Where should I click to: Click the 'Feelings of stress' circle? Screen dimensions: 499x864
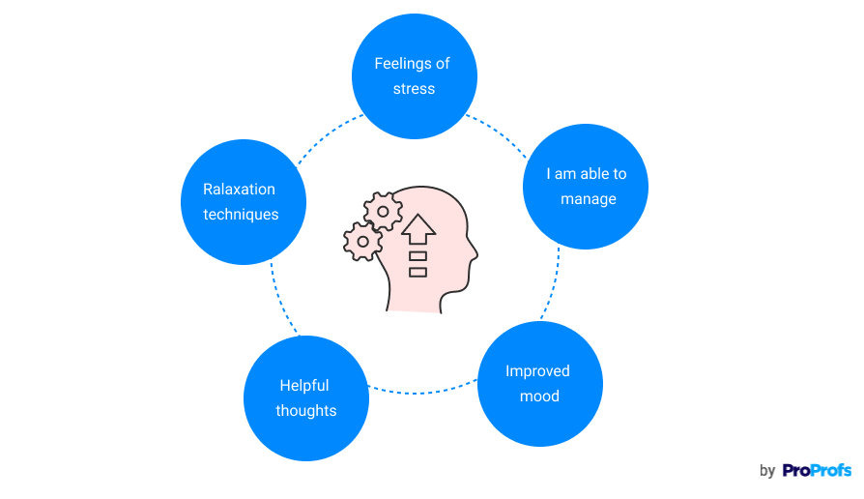(414, 76)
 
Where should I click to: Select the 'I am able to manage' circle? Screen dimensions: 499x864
(586, 187)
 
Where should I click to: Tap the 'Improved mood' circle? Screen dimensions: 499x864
(540, 384)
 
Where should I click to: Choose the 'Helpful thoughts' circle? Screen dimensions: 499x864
(306, 397)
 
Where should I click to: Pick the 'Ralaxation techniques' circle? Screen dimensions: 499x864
(243, 202)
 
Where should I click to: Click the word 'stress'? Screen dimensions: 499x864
(414, 89)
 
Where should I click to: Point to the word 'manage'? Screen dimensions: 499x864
(588, 199)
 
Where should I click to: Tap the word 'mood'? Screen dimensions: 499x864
(539, 396)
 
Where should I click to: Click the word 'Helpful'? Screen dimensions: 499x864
(304, 385)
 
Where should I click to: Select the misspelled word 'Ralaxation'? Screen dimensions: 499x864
(239, 190)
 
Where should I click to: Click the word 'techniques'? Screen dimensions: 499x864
(241, 215)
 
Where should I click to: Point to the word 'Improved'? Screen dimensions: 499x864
(537, 371)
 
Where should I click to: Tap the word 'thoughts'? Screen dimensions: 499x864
(306, 411)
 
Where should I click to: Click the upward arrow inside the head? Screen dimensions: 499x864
(418, 230)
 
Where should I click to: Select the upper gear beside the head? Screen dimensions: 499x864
(383, 211)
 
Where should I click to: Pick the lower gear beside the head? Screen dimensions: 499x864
(362, 241)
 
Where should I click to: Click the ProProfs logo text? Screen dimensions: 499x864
(817, 471)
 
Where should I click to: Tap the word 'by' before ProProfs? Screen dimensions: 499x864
(767, 472)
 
